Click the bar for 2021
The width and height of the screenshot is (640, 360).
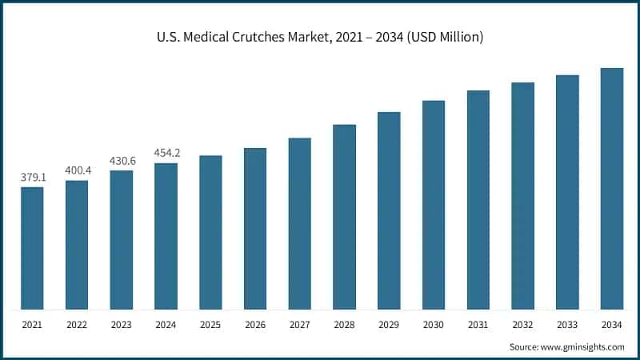click(32, 248)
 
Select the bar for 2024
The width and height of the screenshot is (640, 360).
click(166, 236)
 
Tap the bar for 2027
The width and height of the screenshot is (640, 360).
click(300, 223)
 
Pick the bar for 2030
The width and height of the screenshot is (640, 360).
click(434, 205)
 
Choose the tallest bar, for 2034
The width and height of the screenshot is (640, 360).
click(612, 189)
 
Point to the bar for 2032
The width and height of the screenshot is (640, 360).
click(523, 196)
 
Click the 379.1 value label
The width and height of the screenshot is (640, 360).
click(33, 178)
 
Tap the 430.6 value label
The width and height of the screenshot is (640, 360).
click(122, 161)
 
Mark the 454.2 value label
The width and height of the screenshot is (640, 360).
click(166, 153)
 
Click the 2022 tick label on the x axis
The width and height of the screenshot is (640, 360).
click(77, 326)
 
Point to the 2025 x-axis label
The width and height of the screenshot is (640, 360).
click(210, 326)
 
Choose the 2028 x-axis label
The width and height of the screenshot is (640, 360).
click(344, 326)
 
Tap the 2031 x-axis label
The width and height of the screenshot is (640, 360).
click(478, 326)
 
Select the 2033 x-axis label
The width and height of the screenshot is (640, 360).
click(567, 326)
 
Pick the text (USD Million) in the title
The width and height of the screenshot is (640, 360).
click(444, 38)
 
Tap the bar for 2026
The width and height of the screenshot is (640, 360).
click(255, 229)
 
